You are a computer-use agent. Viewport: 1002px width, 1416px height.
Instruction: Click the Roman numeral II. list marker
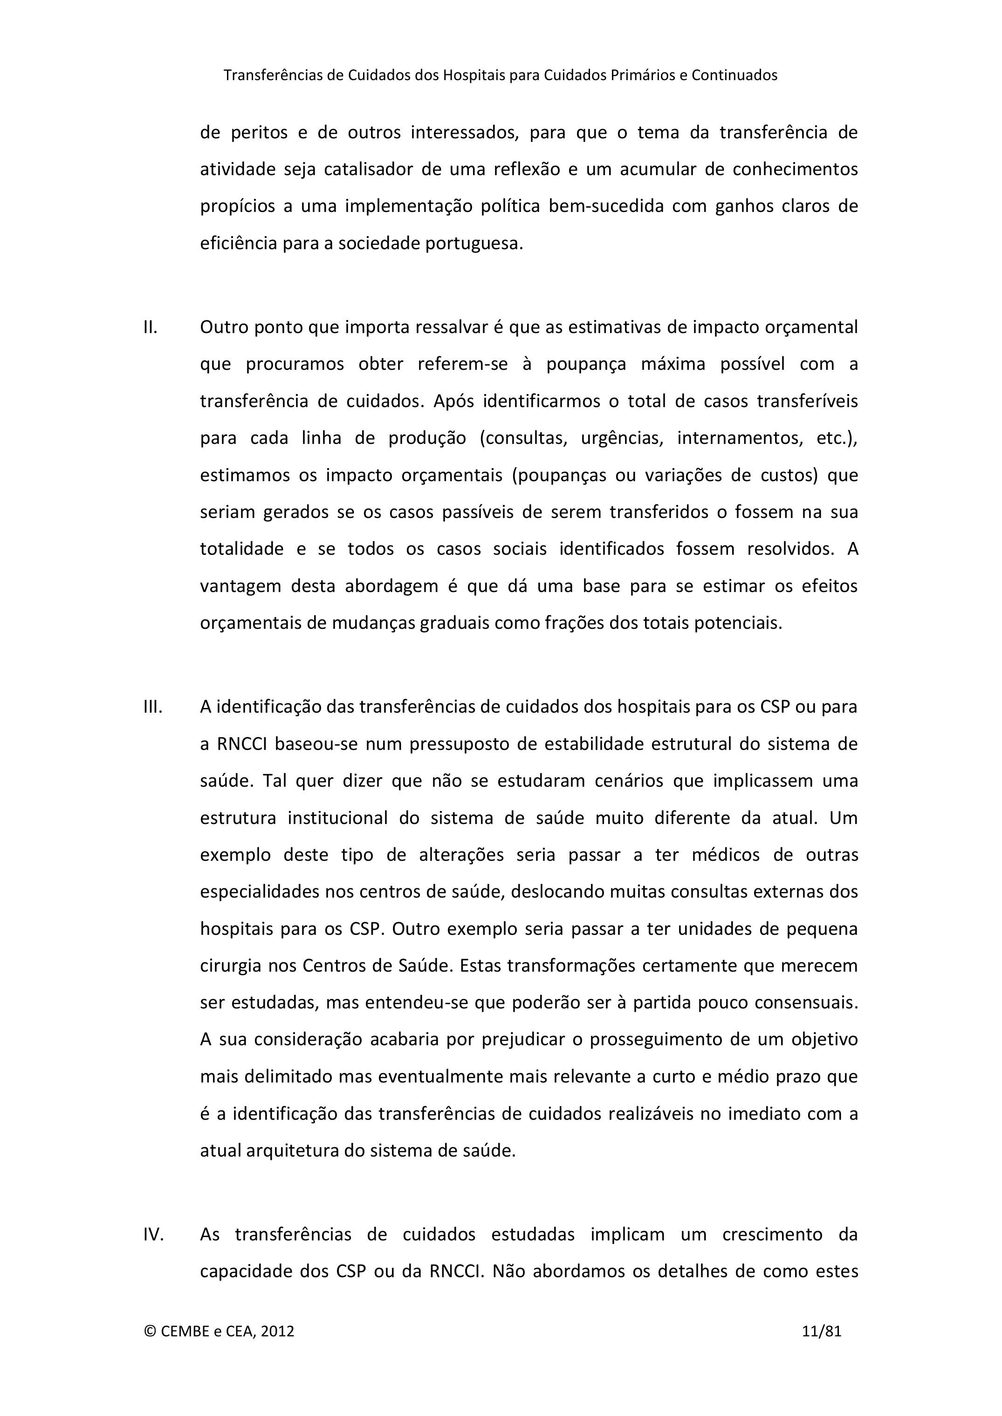(x=151, y=327)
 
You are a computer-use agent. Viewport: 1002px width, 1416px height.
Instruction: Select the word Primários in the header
(x=642, y=75)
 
